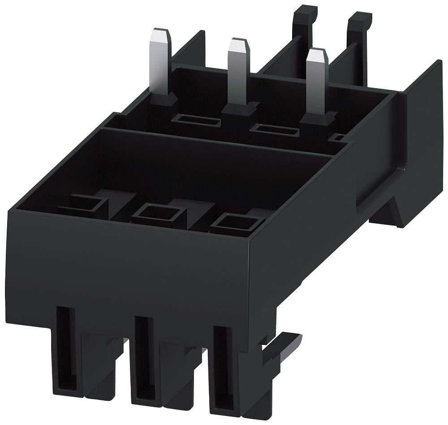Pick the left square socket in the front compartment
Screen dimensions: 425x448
point(85,205)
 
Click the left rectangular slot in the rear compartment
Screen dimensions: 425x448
point(198,120)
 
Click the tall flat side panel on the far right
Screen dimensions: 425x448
point(417,134)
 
